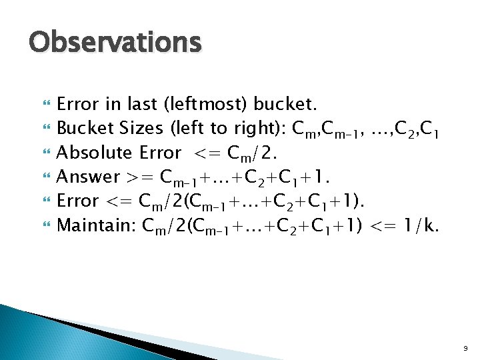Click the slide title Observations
tap(115, 43)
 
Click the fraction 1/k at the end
tap(422, 225)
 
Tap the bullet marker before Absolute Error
tap(45, 153)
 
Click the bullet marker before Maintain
tap(45, 225)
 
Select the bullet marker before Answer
tap(45, 177)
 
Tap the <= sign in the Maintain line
tap(385, 225)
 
